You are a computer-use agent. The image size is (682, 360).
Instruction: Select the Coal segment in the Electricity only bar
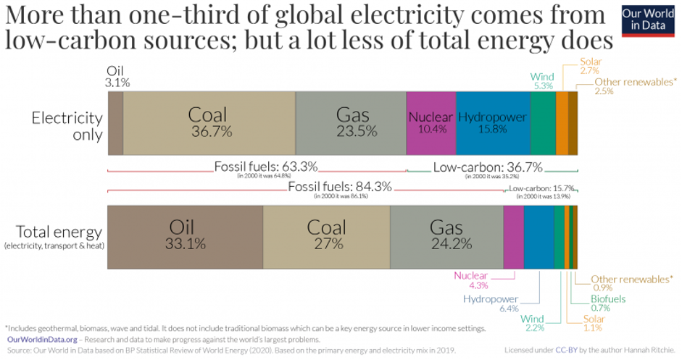point(209,123)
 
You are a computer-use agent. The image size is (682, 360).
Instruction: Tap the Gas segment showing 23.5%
point(352,123)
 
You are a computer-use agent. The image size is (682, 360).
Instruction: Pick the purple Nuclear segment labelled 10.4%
point(431,123)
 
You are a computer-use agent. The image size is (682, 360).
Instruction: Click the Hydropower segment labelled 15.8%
point(493,123)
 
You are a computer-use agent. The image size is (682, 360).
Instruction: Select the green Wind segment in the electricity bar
point(543,123)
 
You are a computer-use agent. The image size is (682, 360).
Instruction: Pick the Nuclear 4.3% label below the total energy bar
point(471,280)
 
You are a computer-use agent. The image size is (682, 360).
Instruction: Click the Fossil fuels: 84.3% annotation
point(340,187)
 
